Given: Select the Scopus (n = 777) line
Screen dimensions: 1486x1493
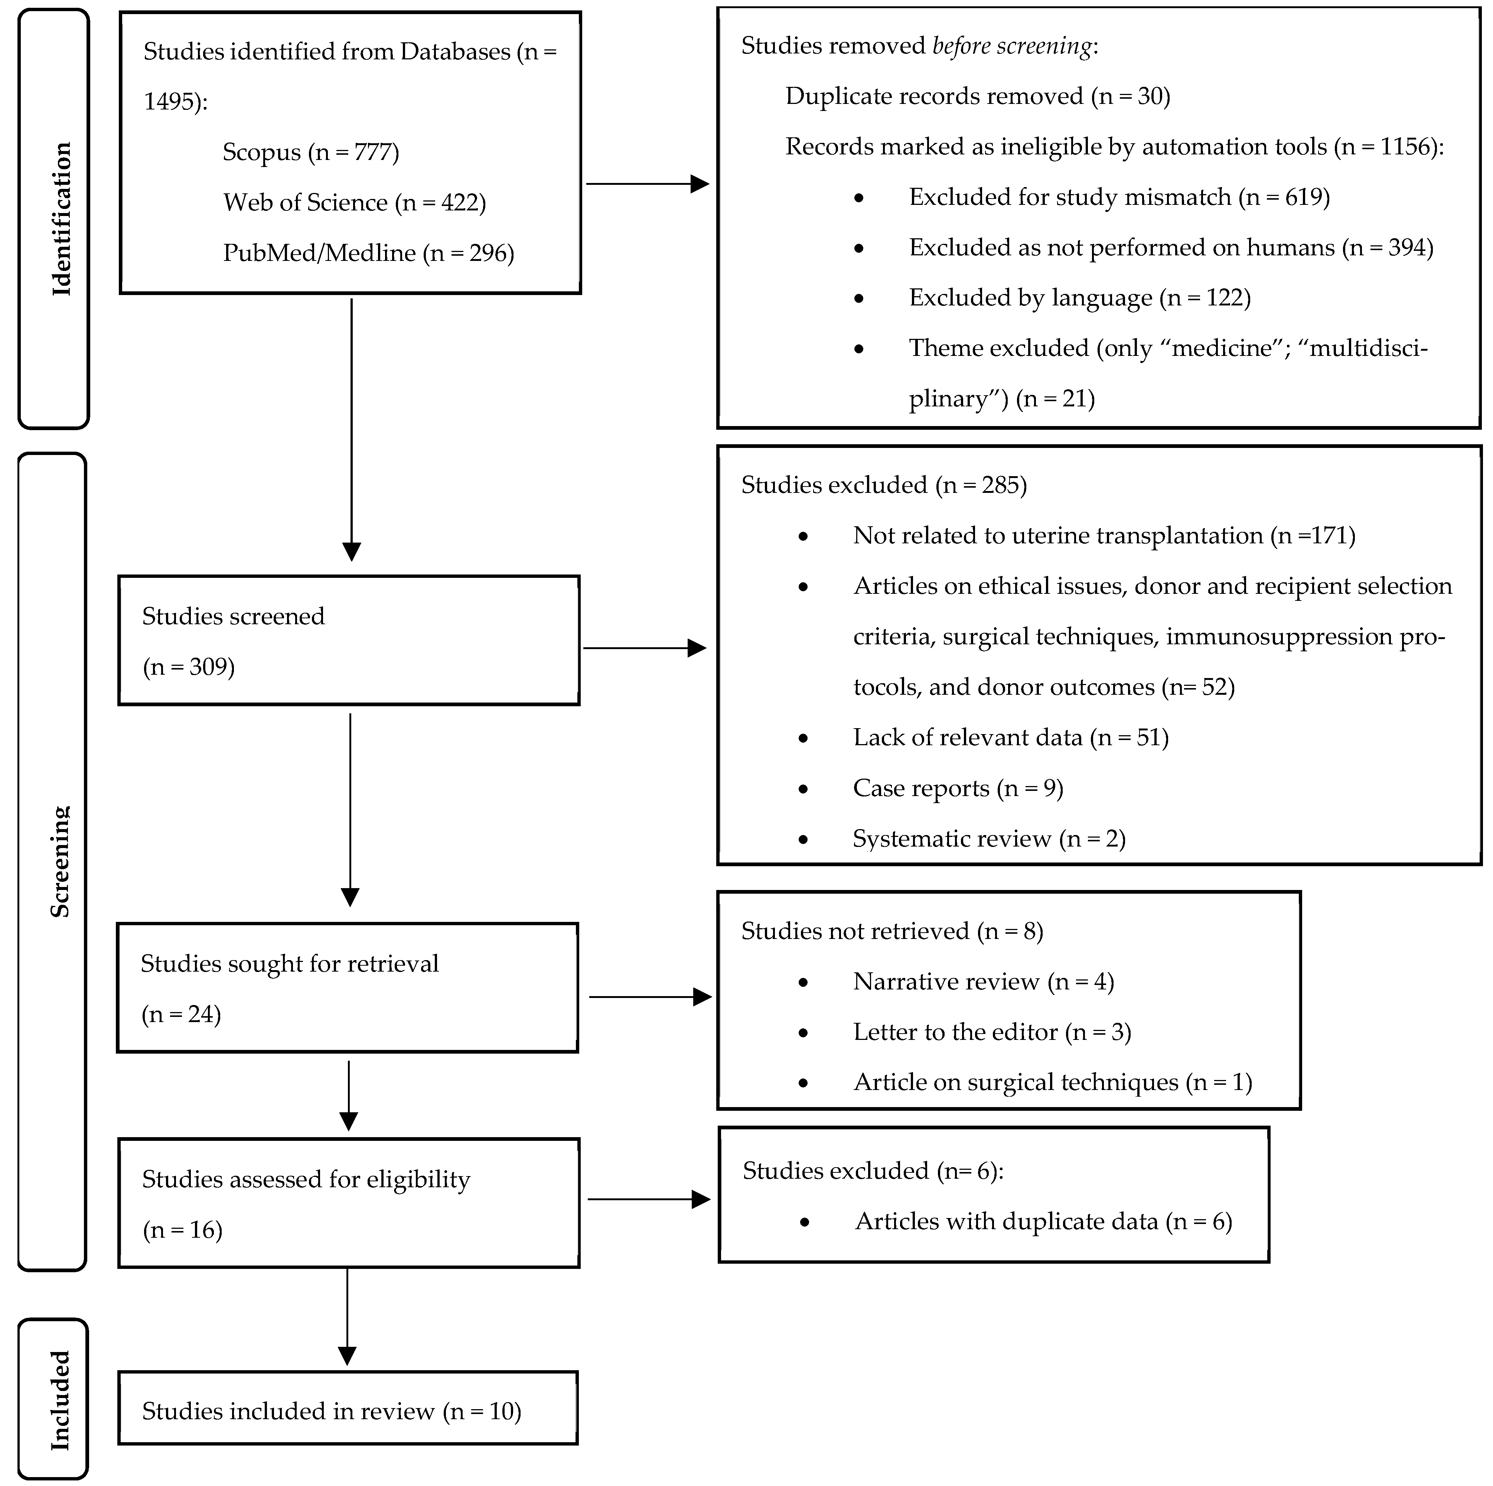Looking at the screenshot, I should [311, 152].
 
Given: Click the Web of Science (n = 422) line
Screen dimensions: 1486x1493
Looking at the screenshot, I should [354, 202].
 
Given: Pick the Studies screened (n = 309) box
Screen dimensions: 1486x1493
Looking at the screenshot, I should [349, 640].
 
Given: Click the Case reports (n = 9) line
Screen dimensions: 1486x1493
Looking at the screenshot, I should [958, 789].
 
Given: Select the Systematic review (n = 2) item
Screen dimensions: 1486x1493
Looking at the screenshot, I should [988, 839].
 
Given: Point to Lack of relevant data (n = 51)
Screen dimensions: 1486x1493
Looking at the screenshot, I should [1010, 737].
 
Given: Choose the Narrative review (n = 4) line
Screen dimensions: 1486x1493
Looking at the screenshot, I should [983, 982].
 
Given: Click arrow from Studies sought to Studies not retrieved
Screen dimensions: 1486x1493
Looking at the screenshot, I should [649, 997].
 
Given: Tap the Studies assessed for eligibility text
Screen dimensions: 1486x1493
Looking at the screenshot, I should [306, 1179].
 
